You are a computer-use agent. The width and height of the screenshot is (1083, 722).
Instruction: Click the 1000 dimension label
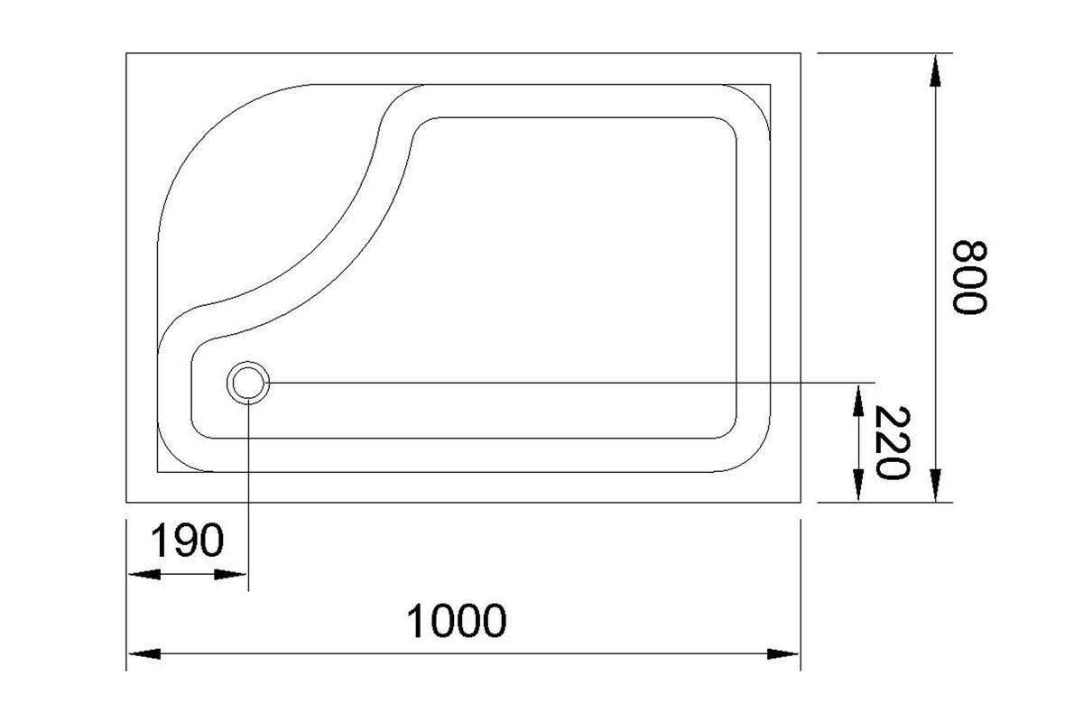point(457,621)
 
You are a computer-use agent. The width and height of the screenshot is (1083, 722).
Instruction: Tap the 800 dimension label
point(969,277)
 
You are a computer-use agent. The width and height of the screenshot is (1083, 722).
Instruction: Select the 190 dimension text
point(187,540)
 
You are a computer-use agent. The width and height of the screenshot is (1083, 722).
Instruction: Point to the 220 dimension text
point(893,442)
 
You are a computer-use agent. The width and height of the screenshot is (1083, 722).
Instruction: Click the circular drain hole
point(248,383)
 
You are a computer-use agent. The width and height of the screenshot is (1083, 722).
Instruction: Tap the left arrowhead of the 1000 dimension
point(144,653)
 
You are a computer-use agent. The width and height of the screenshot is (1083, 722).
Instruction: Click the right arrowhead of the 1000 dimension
point(782,653)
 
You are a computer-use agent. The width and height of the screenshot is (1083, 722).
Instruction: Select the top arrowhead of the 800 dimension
point(935,70)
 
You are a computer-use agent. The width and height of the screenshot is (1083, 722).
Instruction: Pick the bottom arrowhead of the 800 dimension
point(935,485)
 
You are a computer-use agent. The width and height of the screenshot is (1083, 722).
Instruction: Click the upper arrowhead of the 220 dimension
point(858,401)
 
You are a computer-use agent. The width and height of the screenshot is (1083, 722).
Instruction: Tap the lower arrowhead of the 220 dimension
point(858,485)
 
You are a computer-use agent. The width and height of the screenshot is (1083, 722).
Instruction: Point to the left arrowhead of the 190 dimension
point(144,575)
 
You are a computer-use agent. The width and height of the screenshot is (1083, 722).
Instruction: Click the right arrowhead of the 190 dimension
point(230,575)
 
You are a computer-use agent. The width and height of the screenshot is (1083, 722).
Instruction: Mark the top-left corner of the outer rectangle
point(126,53)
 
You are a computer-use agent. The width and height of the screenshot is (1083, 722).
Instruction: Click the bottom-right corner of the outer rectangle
point(801,503)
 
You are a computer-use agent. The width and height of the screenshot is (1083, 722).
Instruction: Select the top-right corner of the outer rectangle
point(801,53)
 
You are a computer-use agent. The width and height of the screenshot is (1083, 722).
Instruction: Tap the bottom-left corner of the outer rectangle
point(126,503)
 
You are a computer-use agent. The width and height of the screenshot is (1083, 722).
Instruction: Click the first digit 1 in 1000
point(416,621)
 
